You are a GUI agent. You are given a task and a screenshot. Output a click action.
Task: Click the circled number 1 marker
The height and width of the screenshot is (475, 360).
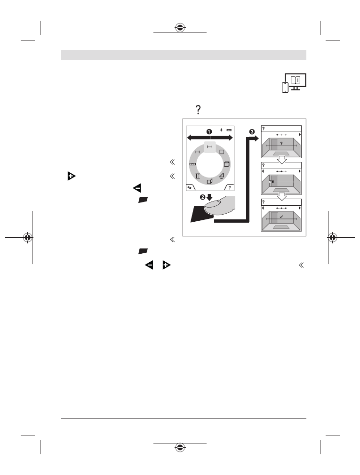209,131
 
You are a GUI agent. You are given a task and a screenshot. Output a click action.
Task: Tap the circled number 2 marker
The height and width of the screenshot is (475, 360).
202,197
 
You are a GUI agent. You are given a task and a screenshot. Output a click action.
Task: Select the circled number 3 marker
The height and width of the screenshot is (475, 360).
252,131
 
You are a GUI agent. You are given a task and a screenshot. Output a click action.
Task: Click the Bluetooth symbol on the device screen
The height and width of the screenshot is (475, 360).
221,129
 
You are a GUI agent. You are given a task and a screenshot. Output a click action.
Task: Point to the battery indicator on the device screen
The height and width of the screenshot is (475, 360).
229,129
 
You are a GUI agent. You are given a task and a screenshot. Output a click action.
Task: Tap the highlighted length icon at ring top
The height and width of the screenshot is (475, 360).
209,147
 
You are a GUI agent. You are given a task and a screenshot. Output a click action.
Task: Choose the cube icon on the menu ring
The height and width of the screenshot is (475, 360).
226,164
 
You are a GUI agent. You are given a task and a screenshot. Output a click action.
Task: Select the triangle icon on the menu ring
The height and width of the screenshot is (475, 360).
221,176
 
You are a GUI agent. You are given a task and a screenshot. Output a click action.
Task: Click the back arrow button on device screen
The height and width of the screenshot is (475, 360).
190,187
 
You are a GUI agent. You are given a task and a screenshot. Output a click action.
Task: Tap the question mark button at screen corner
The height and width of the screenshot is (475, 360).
230,187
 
